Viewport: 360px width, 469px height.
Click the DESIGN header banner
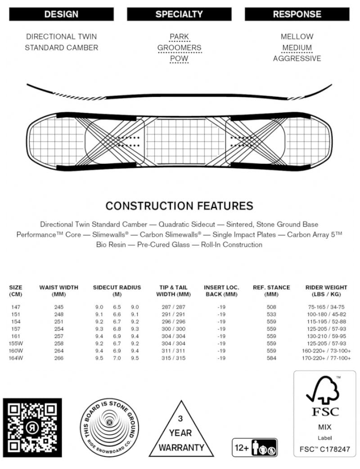pyautogui.click(x=61, y=14)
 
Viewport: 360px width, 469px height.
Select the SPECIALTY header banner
pyautogui.click(x=179, y=14)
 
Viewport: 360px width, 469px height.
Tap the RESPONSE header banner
pyautogui.click(x=297, y=14)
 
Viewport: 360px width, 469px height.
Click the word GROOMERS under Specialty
pyautogui.click(x=179, y=48)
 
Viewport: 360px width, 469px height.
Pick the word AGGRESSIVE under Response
pyautogui.click(x=297, y=59)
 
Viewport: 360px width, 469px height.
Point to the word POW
pyautogui.click(x=179, y=59)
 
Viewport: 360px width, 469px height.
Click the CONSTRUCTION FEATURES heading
pyautogui.click(x=179, y=206)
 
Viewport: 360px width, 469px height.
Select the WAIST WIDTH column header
pyautogui.click(x=58, y=290)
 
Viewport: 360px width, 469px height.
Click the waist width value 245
pyautogui.click(x=58, y=307)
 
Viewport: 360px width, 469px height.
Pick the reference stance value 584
pyautogui.click(x=271, y=358)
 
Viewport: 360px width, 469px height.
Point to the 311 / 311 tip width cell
pyautogui.click(x=173, y=351)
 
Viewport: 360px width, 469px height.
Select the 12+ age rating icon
pyautogui.click(x=254, y=448)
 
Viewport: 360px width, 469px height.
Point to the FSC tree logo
pyautogui.click(x=323, y=390)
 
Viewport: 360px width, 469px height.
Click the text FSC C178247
pyautogui.click(x=323, y=449)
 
